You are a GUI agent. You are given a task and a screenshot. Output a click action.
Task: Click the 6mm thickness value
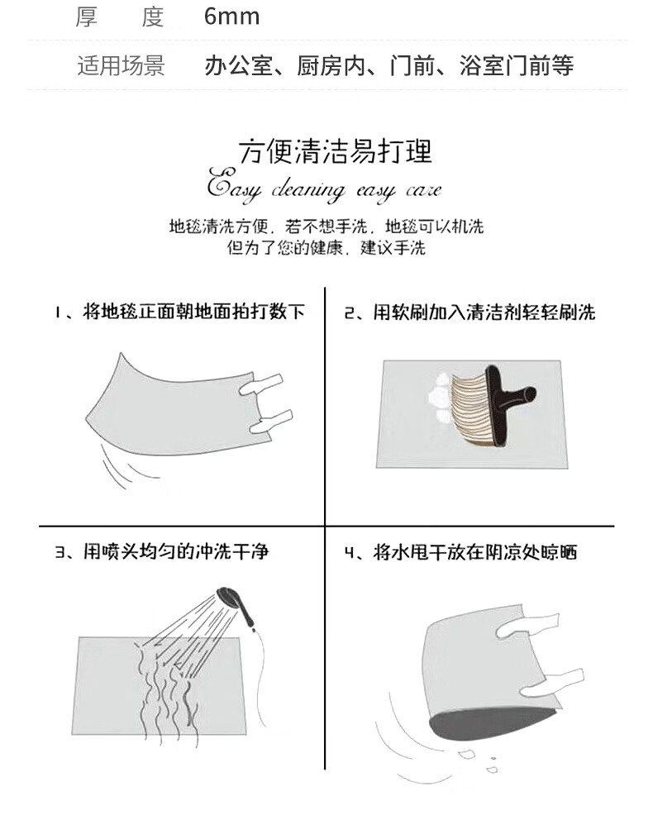tap(232, 16)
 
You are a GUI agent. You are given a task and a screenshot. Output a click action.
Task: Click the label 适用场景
tap(122, 66)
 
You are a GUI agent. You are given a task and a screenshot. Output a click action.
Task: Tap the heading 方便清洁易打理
tap(336, 152)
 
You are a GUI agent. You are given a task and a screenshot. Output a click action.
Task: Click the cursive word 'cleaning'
tap(307, 190)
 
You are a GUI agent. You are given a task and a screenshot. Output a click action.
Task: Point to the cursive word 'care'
tap(423, 191)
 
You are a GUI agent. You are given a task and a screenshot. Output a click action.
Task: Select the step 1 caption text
tap(180, 312)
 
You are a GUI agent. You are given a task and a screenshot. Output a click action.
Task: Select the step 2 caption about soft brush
tap(469, 312)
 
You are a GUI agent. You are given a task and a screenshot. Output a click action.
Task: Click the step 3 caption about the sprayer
tap(162, 551)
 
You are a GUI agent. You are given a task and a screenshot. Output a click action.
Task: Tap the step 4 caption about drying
tap(461, 552)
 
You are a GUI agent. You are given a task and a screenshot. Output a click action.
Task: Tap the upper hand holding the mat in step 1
tap(261, 384)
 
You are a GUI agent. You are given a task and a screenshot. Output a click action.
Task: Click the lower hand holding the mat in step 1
tap(271, 421)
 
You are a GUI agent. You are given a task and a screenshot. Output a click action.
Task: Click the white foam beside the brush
tap(439, 398)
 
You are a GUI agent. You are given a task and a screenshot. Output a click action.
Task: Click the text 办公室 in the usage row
tap(239, 66)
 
